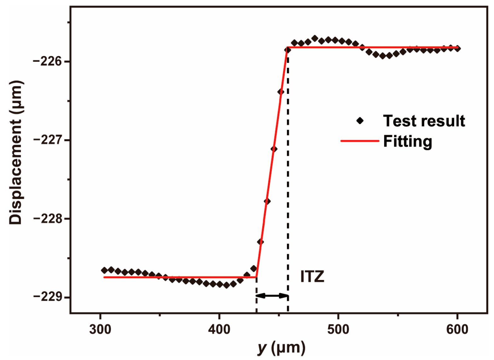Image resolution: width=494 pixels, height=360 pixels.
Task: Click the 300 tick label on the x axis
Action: pos(100,329)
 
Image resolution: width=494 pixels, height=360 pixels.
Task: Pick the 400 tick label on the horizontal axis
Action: pos(219,329)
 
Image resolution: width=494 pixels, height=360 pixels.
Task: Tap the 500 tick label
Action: pos(338,329)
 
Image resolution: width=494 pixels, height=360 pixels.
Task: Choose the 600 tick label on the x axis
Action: pos(457,329)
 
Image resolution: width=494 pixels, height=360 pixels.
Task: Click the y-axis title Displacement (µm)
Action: pos(16,152)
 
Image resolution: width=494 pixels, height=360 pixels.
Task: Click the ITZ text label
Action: pos(312,277)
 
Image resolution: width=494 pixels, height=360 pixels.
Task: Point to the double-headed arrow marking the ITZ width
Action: pos(272,295)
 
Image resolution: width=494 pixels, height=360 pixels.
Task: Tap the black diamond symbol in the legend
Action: pos(360,121)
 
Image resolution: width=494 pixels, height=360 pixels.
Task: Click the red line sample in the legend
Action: pos(360,141)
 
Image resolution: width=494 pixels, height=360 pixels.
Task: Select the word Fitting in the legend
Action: pos(407,141)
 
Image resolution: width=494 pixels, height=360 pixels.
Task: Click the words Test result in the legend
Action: pos(424,121)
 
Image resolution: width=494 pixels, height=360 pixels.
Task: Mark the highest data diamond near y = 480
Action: pos(315,38)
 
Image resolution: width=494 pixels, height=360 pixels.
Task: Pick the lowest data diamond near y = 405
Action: pos(226,285)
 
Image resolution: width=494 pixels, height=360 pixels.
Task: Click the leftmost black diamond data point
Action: pos(104,270)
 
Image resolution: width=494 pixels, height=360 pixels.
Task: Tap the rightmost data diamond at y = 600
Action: pos(457,49)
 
